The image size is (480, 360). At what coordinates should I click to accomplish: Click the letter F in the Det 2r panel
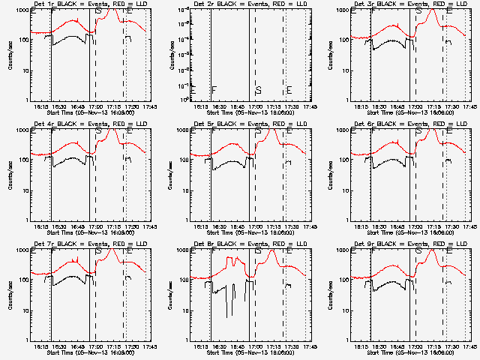(x=214, y=90)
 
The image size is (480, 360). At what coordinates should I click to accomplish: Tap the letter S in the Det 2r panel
(x=258, y=90)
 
